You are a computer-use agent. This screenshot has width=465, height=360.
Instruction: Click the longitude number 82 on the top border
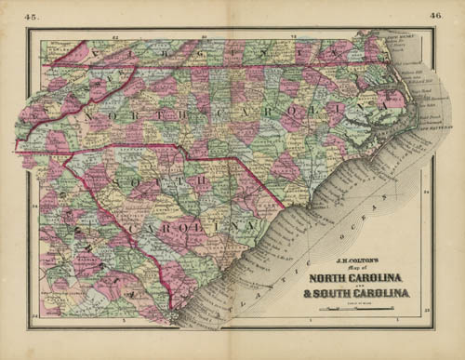(115, 36)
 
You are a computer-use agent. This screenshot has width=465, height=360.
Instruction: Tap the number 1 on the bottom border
(307, 322)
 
